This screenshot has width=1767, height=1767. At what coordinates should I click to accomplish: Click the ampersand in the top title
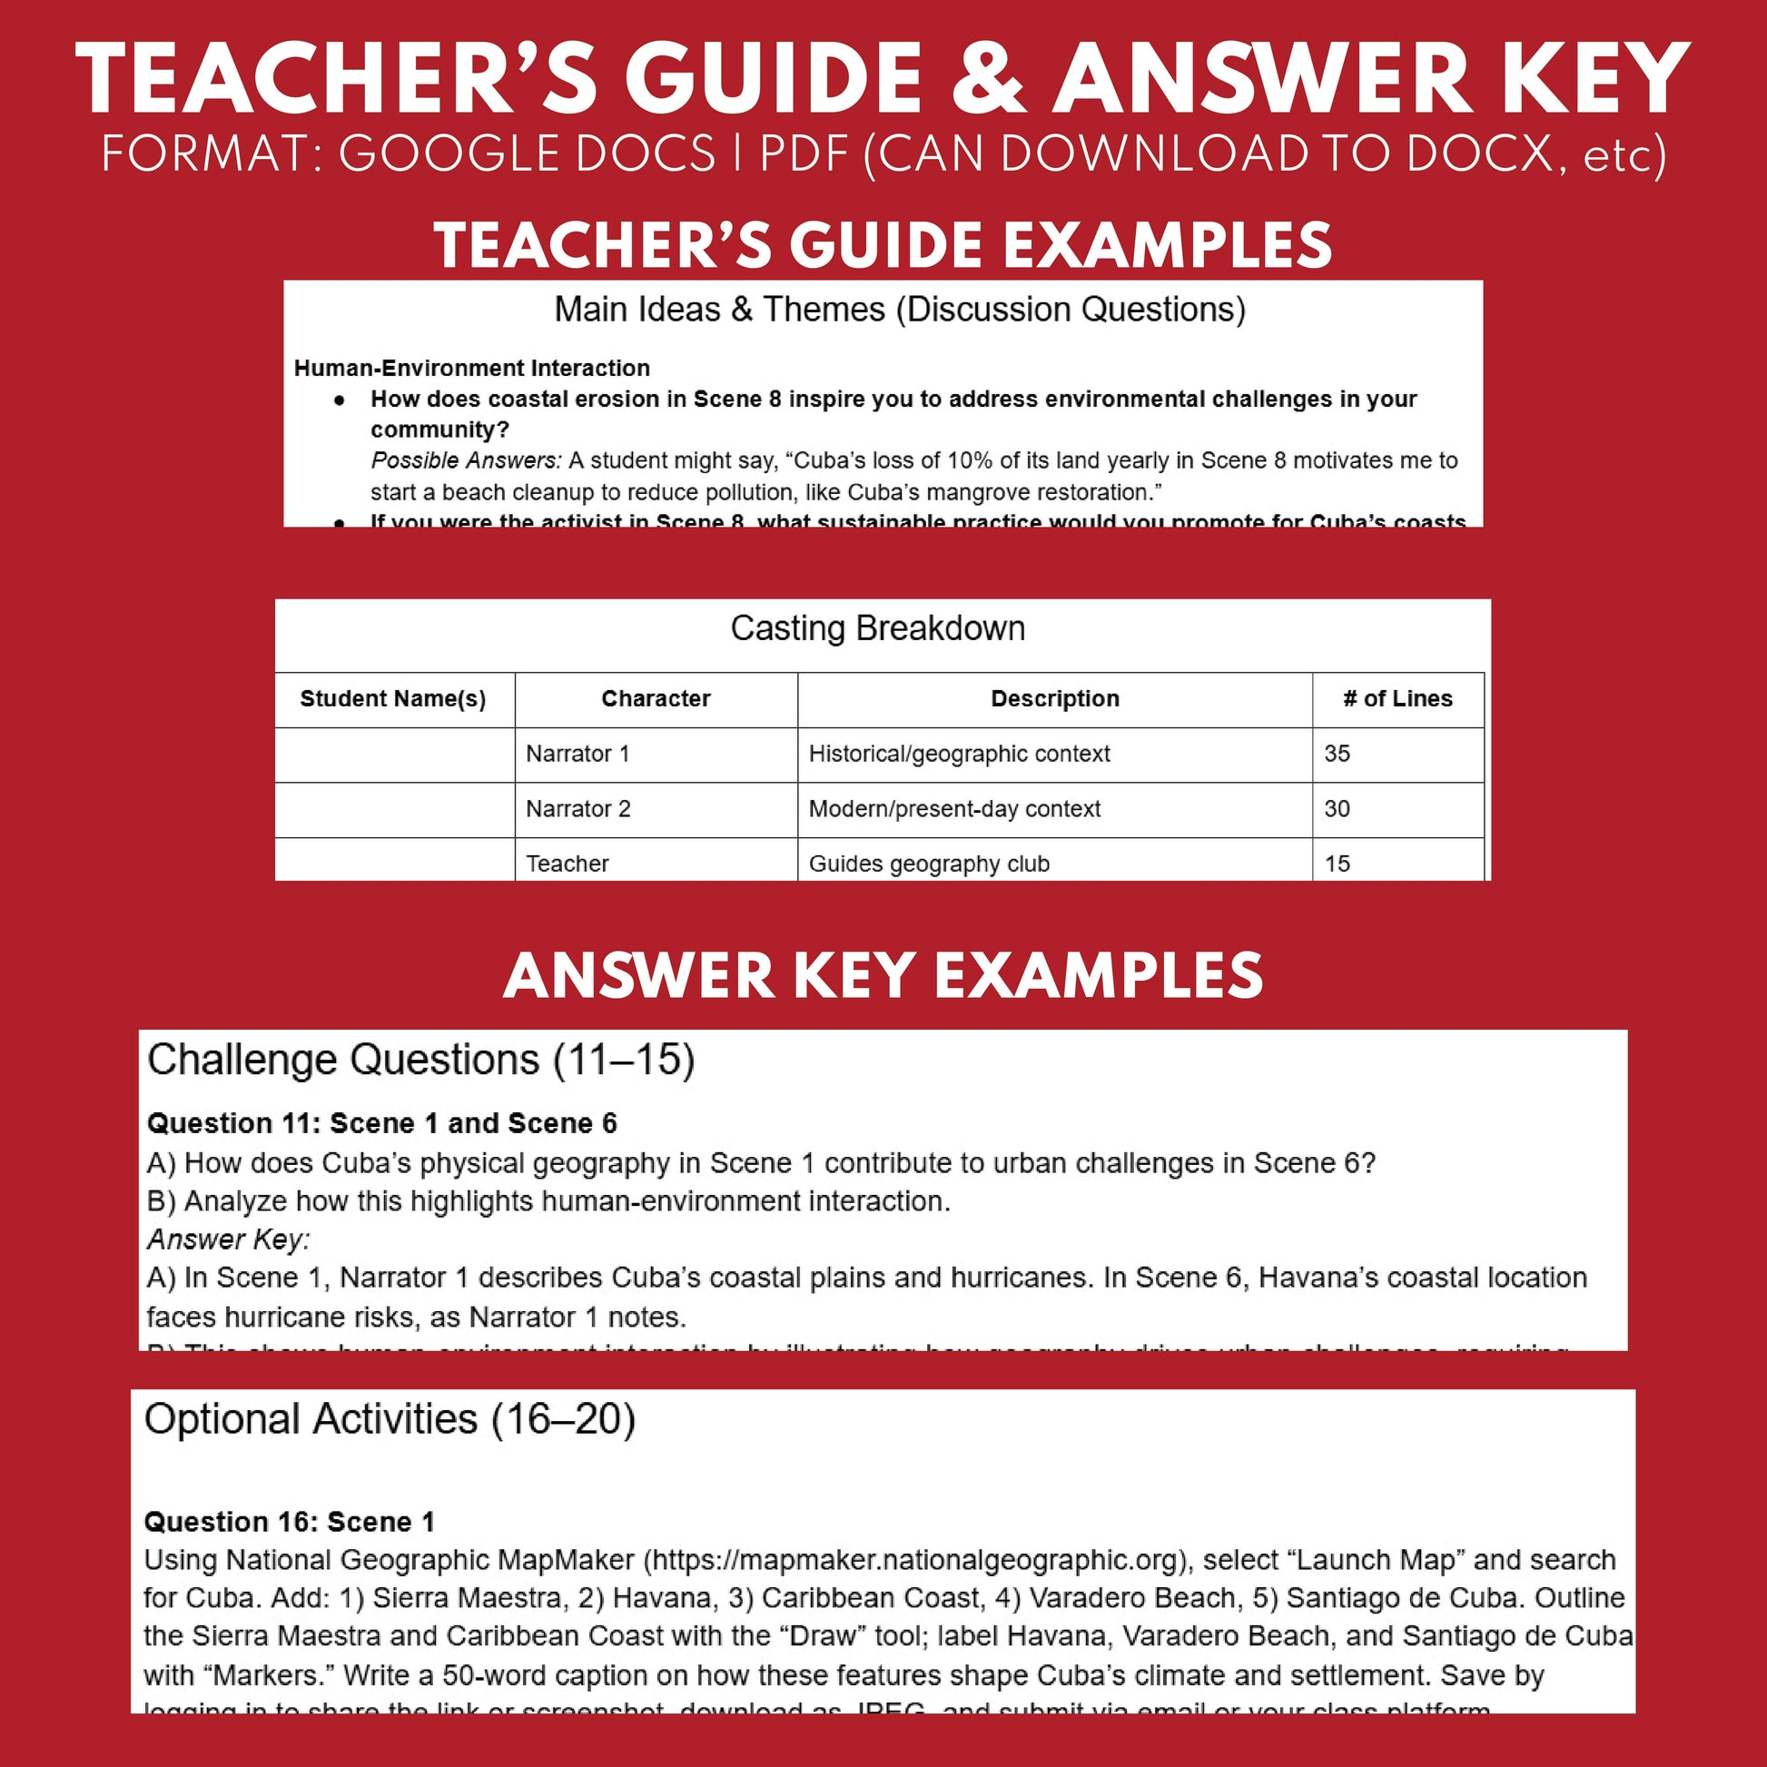tap(989, 81)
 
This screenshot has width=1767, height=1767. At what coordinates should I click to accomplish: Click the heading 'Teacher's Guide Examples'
tap(883, 245)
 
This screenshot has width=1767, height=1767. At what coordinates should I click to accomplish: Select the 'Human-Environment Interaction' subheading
tap(471, 368)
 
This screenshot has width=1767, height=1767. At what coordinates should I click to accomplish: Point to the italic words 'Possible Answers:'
tap(466, 460)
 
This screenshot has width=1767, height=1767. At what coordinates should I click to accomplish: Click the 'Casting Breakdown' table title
tap(877, 628)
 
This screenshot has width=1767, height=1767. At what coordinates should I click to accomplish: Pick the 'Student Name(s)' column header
tap(392, 699)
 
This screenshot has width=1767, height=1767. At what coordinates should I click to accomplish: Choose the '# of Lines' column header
tap(1397, 699)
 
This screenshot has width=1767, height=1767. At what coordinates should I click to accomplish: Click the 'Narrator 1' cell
tap(577, 754)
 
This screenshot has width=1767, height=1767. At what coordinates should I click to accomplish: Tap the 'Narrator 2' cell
tap(577, 808)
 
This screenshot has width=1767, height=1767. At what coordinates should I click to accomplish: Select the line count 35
tap(1337, 754)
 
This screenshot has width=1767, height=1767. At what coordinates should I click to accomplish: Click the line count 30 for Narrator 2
tap(1337, 808)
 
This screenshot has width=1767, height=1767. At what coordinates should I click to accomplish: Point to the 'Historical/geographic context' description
tap(959, 754)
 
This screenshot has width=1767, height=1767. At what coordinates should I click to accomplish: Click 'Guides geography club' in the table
tap(928, 864)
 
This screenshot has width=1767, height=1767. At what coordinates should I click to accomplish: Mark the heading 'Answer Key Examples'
tap(883, 975)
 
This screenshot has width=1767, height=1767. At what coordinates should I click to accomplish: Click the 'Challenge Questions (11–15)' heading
tap(420, 1060)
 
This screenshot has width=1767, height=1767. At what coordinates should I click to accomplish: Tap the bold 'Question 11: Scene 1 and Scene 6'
tap(381, 1123)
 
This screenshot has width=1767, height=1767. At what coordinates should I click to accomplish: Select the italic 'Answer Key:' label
tap(228, 1239)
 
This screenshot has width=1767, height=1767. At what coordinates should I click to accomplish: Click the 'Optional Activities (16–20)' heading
tap(390, 1419)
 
